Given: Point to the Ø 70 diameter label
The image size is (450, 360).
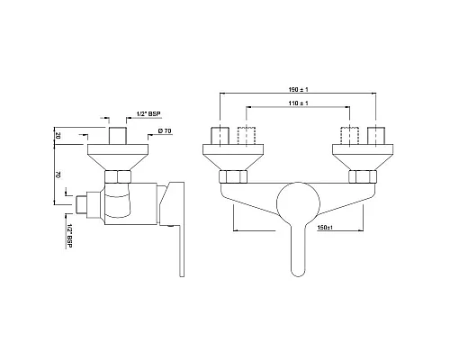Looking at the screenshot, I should point(165,132).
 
